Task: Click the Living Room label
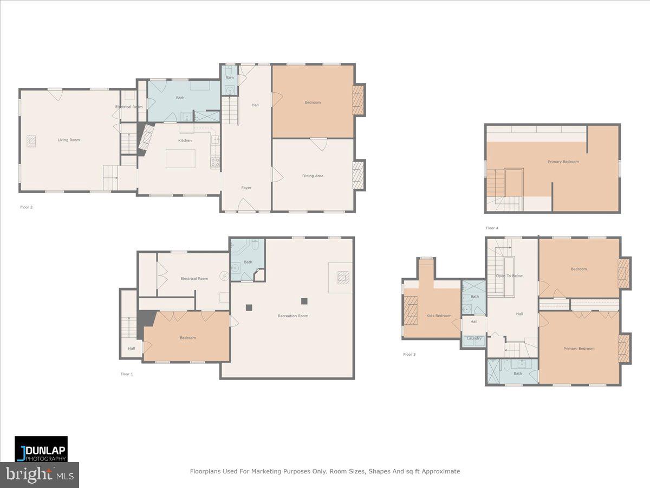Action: click(69, 140)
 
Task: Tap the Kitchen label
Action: click(185, 140)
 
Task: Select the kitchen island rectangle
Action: click(180, 158)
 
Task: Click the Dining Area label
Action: click(313, 176)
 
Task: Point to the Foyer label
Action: click(246, 188)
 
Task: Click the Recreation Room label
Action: click(293, 316)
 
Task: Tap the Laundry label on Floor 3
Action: click(474, 338)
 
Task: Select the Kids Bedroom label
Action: click(439, 316)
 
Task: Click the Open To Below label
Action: click(509, 276)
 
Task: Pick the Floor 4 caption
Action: click(492, 228)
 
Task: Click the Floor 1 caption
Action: click(126, 374)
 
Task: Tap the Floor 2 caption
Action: click(27, 207)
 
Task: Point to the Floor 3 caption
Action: click(409, 355)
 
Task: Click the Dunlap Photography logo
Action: click(41, 449)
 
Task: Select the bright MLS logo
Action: click(40, 475)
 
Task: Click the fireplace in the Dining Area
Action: click(358, 175)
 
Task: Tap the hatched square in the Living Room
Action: click(32, 142)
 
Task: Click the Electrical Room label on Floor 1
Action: click(194, 279)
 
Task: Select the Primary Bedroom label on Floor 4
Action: click(563, 162)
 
